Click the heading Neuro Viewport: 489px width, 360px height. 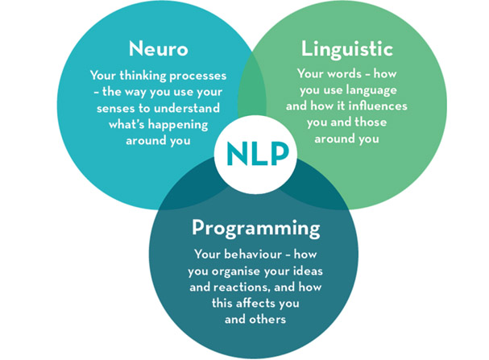(x=159, y=49)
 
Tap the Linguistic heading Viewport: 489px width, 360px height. (x=346, y=50)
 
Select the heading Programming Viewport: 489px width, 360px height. (x=255, y=229)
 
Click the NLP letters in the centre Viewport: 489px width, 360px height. (x=258, y=154)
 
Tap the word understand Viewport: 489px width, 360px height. (x=187, y=108)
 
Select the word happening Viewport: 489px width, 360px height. (x=178, y=125)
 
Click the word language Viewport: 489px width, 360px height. (x=371, y=90)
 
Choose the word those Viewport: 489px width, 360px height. (x=371, y=122)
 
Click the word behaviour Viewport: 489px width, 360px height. (x=253, y=254)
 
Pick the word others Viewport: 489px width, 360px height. (x=271, y=319)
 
